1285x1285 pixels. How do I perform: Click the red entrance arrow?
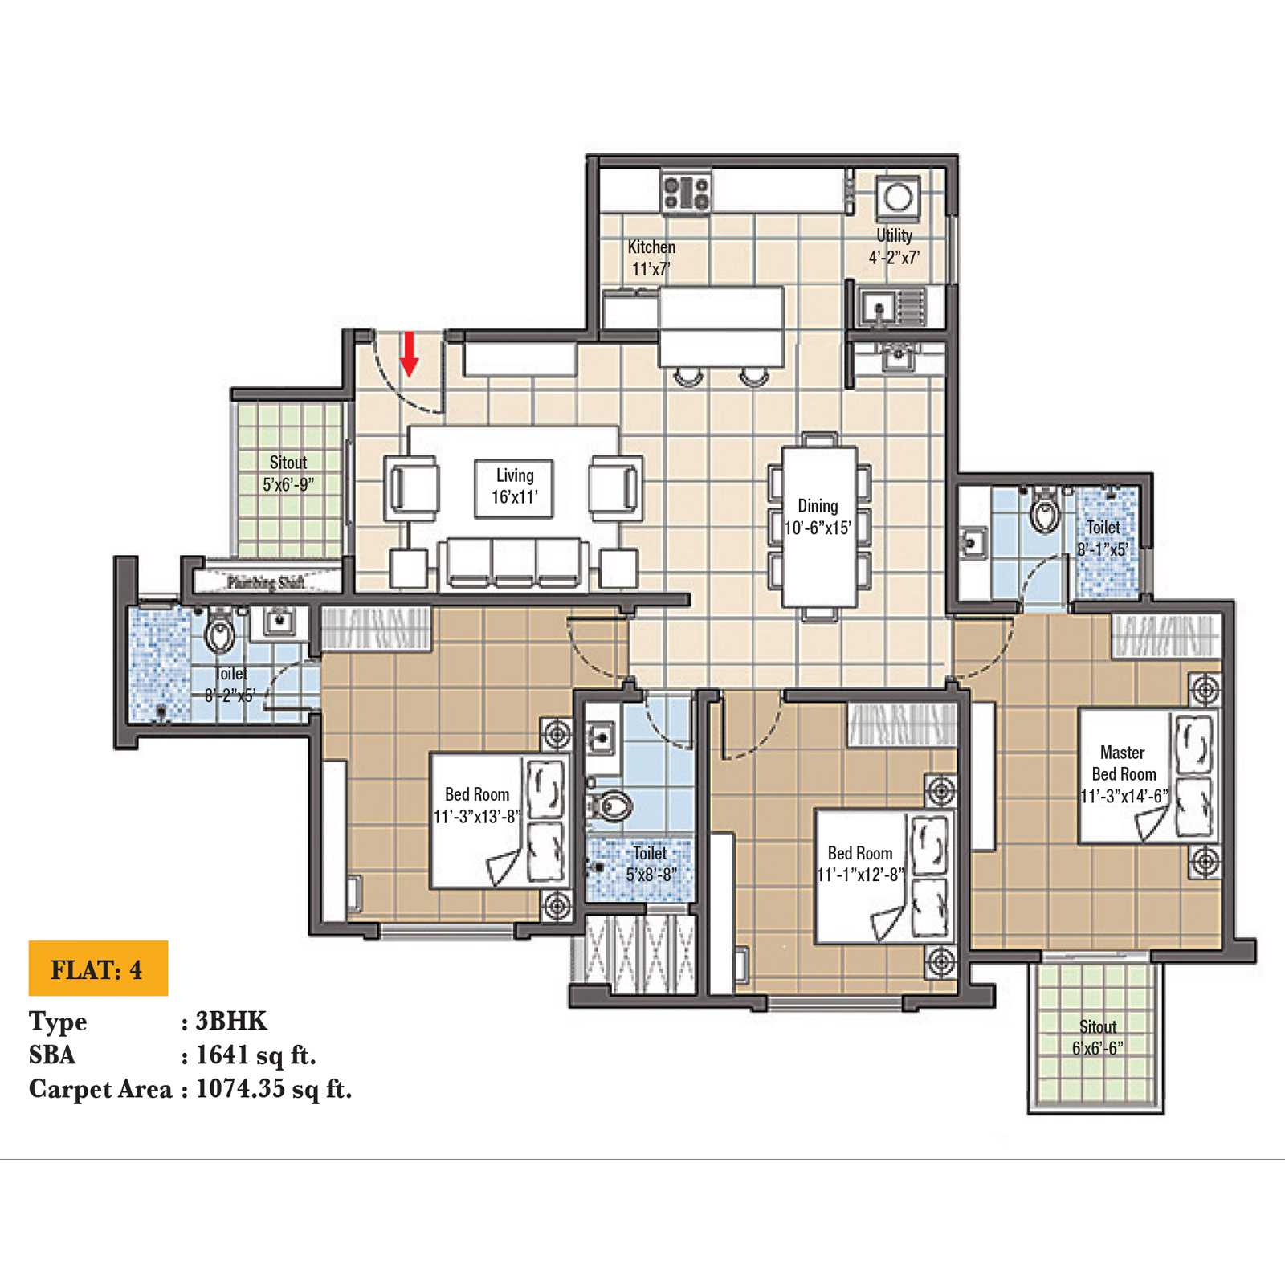(410, 354)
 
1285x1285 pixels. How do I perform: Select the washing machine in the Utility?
(897, 197)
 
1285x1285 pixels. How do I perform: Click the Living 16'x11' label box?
(514, 487)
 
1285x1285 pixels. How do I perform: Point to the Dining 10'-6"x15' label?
(818, 516)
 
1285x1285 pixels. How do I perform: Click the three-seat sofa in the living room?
(514, 561)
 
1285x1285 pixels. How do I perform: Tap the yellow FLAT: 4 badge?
(98, 969)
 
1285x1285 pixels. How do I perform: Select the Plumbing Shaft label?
(265, 581)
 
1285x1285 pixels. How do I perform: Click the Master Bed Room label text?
(1123, 764)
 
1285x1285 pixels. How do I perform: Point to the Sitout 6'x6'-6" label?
(1098, 1037)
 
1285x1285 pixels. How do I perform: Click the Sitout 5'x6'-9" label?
(288, 473)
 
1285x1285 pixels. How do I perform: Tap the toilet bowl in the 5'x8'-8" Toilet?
(614, 805)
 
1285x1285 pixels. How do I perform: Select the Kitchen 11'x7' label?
(651, 258)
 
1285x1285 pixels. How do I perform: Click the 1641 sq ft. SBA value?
(256, 1055)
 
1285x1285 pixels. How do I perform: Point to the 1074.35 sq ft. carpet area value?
(274, 1089)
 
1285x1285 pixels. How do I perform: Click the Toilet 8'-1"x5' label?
(1103, 538)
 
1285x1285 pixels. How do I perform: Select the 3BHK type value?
(231, 1021)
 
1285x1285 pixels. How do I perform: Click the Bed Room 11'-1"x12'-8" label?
(859, 863)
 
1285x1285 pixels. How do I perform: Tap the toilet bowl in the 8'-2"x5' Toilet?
(219, 633)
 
